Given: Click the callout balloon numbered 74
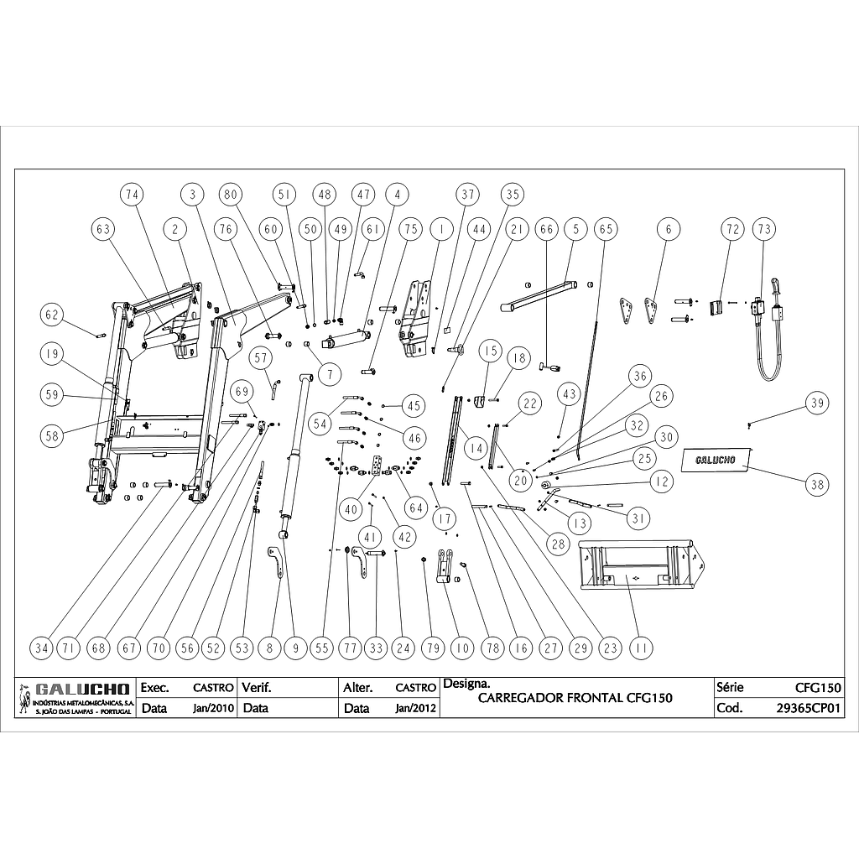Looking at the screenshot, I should click(130, 194).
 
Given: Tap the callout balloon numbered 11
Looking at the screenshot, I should click(643, 648).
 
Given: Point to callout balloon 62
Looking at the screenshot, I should click(53, 315).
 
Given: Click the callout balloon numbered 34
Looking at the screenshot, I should click(41, 648).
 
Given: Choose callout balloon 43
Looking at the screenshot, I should click(570, 393).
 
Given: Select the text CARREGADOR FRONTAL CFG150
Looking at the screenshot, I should click(575, 698).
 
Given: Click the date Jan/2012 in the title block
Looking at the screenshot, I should click(415, 707).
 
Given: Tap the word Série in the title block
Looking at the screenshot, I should click(731, 687).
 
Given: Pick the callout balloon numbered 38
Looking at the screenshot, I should click(816, 483).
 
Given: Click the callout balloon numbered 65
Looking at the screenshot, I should click(605, 228).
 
